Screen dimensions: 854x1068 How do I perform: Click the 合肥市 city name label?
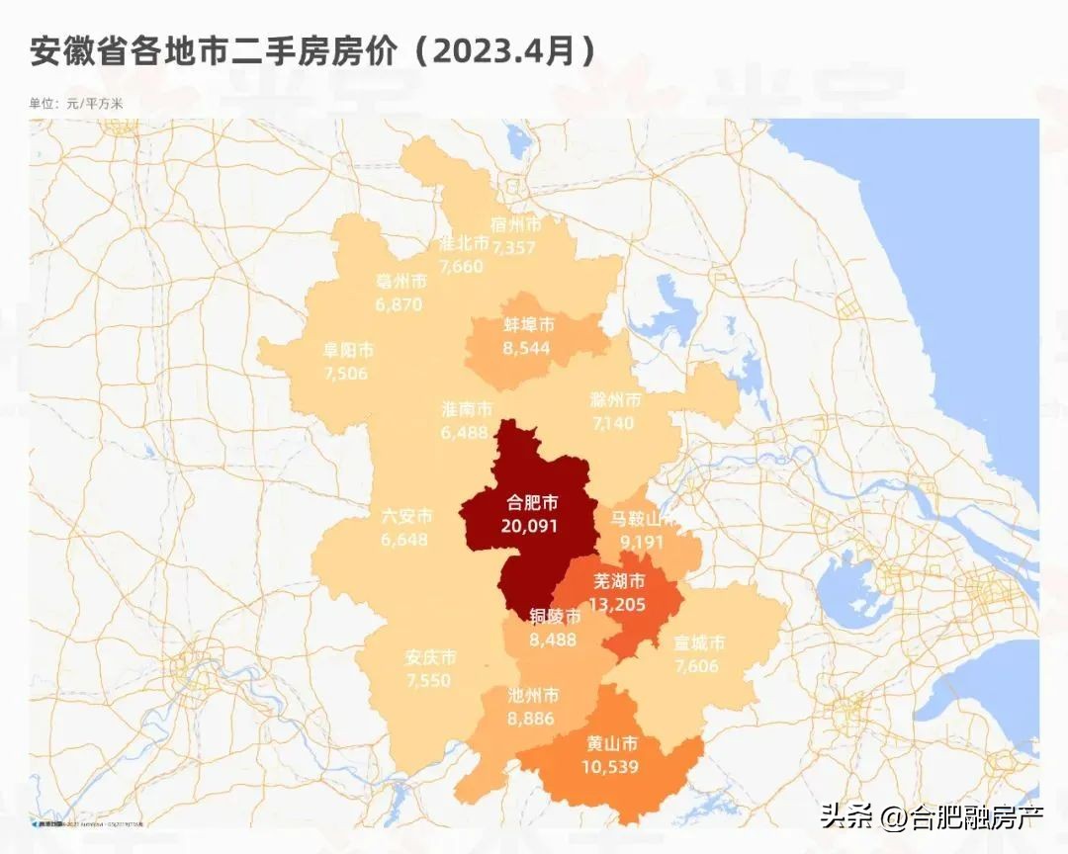(529, 504)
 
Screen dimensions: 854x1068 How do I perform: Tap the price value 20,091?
(529, 526)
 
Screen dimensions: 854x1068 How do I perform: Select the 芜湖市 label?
(619, 581)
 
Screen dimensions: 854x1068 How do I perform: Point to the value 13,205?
(619, 603)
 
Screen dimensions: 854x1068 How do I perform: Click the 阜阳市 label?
(348, 350)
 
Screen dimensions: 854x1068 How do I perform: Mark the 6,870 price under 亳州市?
(400, 304)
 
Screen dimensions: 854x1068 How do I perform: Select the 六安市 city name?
(406, 517)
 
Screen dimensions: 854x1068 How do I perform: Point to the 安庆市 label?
(430, 658)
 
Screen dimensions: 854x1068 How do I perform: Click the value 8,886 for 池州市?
(532, 719)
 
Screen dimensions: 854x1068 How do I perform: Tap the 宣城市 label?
(699, 643)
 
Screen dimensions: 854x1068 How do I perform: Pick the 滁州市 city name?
(615, 400)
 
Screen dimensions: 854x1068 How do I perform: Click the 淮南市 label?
(467, 409)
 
